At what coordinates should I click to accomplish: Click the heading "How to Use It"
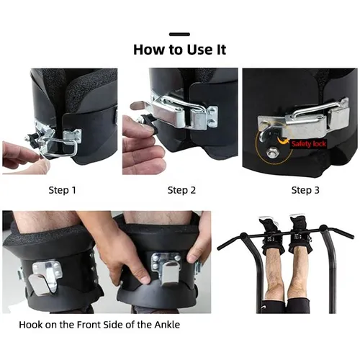[x=179, y=50]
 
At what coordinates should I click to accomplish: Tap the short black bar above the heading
[x=179, y=33]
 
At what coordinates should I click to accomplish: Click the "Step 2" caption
[x=181, y=190]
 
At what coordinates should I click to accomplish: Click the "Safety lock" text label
[x=308, y=143]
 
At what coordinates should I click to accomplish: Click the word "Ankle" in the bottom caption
[x=165, y=325]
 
